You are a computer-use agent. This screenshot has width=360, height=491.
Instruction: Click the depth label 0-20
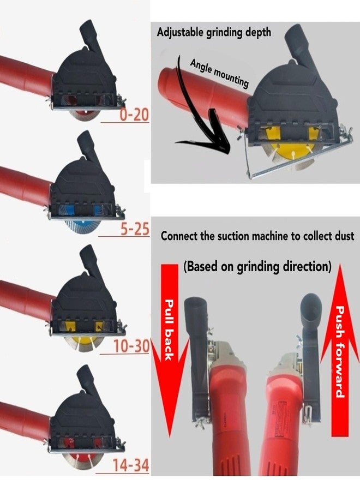coord(134,116)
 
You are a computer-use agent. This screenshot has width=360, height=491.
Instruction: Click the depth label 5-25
coord(134,230)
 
